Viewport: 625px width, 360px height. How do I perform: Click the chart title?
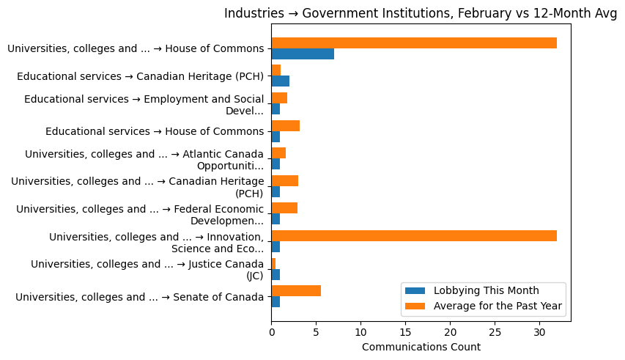[420, 13]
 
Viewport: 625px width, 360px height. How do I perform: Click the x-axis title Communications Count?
[421, 347]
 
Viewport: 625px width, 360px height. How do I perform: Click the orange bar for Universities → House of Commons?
[414, 43]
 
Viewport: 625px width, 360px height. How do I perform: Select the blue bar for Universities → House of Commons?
[303, 54]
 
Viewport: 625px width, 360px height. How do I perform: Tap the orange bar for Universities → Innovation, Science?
[414, 235]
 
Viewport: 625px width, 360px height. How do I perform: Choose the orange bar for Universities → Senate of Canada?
[296, 290]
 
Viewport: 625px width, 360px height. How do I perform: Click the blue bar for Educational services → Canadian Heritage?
[280, 81]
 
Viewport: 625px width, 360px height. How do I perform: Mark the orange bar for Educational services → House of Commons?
[285, 125]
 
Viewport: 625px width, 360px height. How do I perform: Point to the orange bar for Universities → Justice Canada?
[273, 263]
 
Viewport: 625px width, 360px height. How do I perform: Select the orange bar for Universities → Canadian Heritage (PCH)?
[284, 180]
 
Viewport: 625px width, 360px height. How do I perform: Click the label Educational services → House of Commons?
[155, 131]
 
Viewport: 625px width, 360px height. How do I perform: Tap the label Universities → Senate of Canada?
[139, 297]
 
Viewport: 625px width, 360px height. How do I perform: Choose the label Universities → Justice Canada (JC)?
[147, 269]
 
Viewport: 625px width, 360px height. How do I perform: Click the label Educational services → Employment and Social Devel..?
[144, 104]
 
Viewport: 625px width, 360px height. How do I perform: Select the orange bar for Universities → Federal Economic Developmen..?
[284, 208]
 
